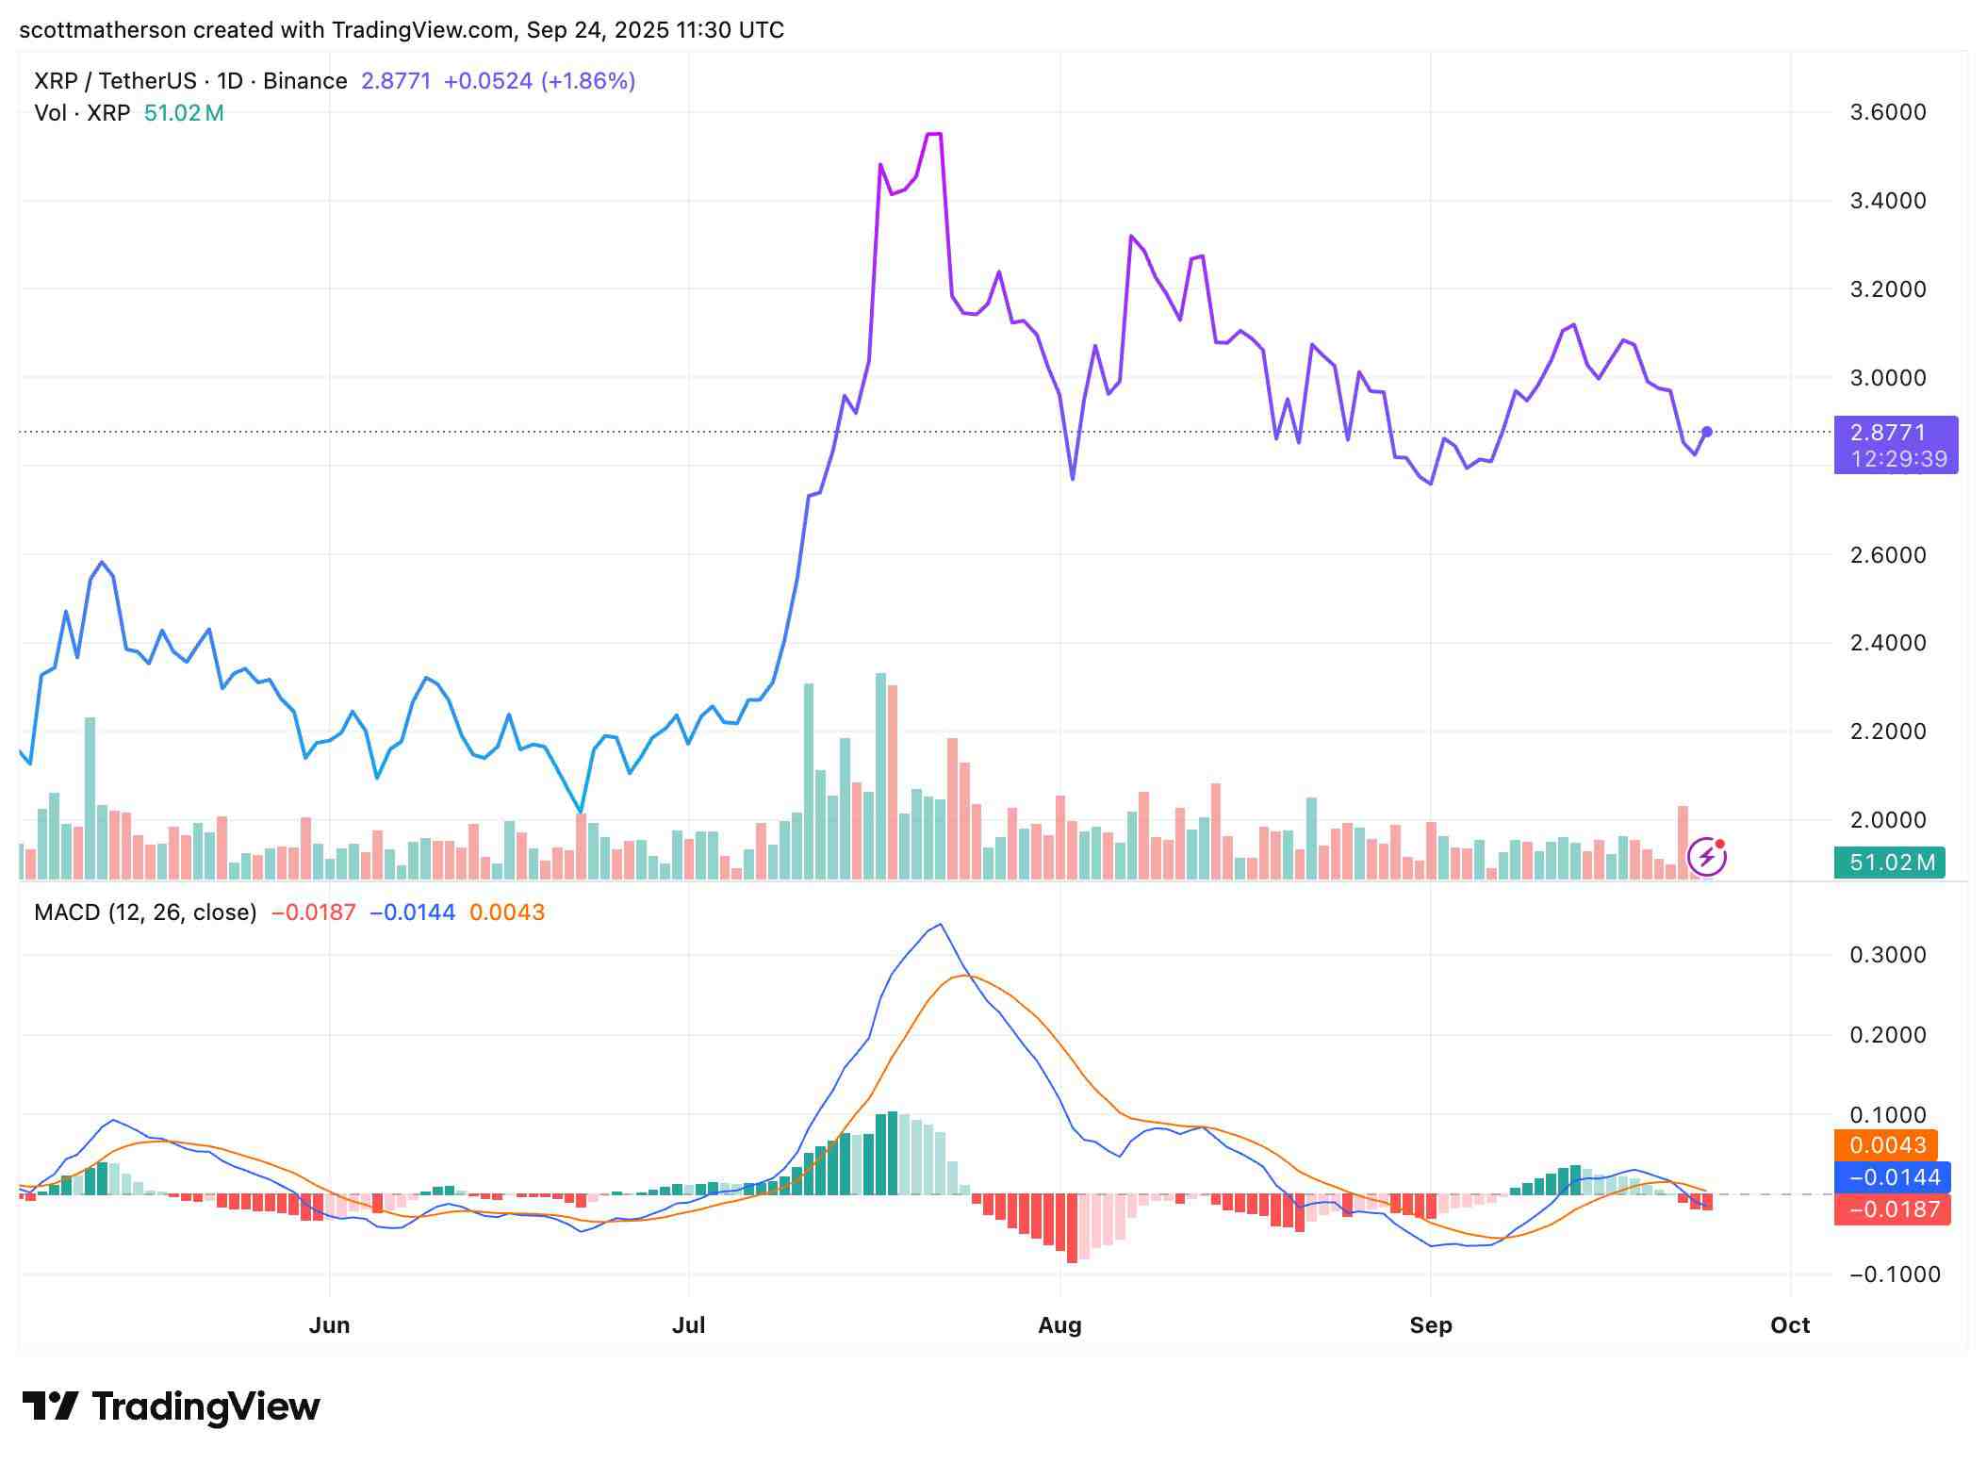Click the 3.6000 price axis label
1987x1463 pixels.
(1888, 112)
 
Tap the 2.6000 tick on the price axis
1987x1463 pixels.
(1888, 554)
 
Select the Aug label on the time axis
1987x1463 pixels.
(1059, 1325)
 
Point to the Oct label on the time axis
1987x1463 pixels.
(1790, 1325)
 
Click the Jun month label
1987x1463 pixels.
(329, 1325)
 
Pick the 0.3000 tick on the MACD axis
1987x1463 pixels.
(1888, 955)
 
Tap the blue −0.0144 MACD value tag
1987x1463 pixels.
(1893, 1177)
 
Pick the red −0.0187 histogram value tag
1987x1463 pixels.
(1893, 1208)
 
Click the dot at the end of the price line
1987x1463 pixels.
(1707, 432)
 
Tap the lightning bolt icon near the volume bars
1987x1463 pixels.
(1706, 857)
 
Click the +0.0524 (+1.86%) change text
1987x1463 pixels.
(539, 81)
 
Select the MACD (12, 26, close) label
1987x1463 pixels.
(145, 912)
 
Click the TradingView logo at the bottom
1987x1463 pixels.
(172, 1406)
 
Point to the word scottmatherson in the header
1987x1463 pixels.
(103, 30)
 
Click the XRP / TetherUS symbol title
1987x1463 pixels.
(115, 81)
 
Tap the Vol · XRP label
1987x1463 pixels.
(82, 113)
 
